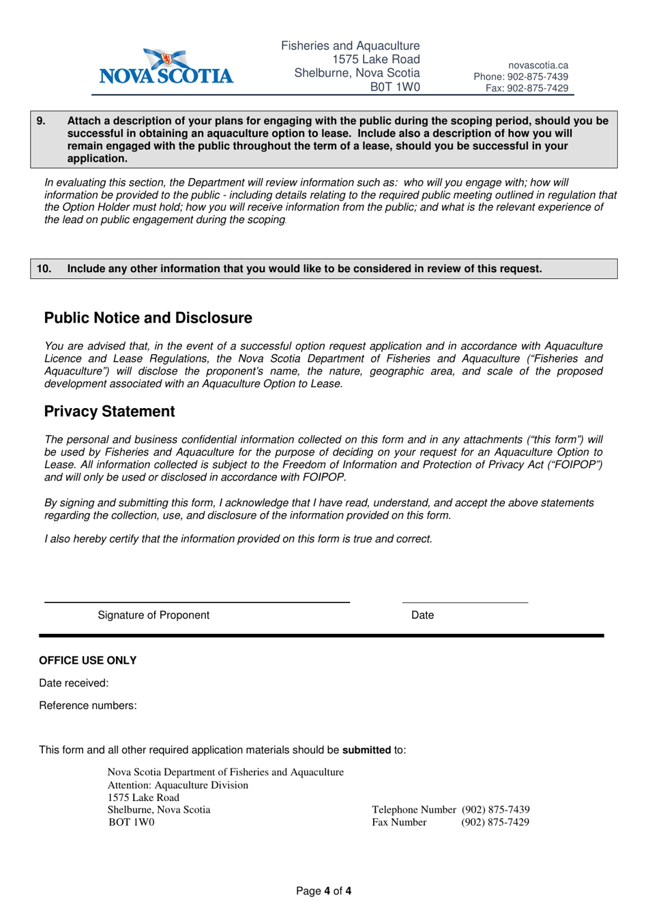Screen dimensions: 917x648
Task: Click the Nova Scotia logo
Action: pyautogui.click(x=166, y=67)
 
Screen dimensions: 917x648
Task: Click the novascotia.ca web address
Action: pyautogui.click(x=537, y=65)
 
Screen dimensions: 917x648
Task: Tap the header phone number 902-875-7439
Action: pyautogui.click(x=521, y=77)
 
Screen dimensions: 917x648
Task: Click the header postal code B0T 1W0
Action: pyautogui.click(x=395, y=87)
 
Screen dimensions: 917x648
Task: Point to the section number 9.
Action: pyautogui.click(x=41, y=121)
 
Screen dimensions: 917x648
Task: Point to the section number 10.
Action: pyautogui.click(x=44, y=269)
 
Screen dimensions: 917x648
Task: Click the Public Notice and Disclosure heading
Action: pyautogui.click(x=148, y=318)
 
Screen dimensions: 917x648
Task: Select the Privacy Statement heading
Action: pyautogui.click(x=109, y=411)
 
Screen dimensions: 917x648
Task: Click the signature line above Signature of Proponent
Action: pyautogui.click(x=196, y=602)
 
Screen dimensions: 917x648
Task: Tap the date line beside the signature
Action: pyautogui.click(x=465, y=602)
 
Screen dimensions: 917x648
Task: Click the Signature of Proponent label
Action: pyautogui.click(x=153, y=615)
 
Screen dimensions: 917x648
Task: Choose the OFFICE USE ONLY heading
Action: pyautogui.click(x=87, y=660)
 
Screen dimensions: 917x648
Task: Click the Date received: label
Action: pyautogui.click(x=74, y=683)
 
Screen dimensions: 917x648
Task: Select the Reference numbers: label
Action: pyautogui.click(x=87, y=705)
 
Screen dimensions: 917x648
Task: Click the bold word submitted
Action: pyautogui.click(x=366, y=750)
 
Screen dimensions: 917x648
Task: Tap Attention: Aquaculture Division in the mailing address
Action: pyautogui.click(x=177, y=785)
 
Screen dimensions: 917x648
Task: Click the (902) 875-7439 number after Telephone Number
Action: pyautogui.click(x=495, y=810)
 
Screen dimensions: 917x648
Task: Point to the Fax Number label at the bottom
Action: pyautogui.click(x=399, y=822)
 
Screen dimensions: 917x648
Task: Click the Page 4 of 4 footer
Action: pyautogui.click(x=323, y=891)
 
